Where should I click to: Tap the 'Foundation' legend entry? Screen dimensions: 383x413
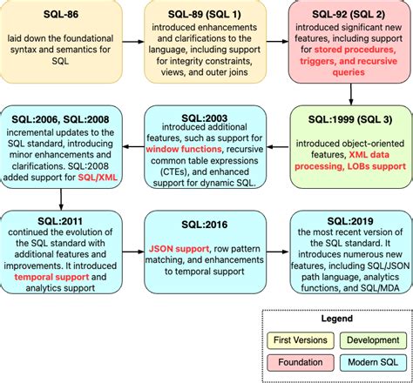(x=296, y=361)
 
